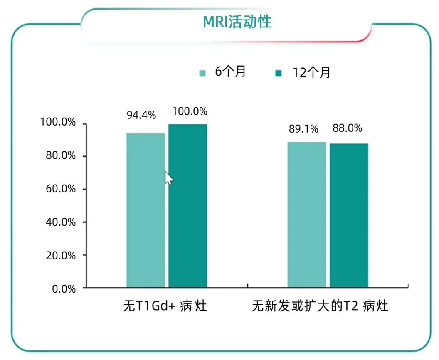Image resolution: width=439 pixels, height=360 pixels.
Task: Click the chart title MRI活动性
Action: [x=237, y=21]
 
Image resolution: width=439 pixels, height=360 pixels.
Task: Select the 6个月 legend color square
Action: [x=202, y=73]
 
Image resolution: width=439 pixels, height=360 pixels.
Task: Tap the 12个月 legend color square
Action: [x=279, y=74]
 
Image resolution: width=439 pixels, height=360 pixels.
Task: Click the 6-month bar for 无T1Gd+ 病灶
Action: [x=146, y=210]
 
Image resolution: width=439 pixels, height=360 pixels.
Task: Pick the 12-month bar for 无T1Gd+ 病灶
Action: [x=187, y=206]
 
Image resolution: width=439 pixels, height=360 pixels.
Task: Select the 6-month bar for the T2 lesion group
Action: [x=307, y=215]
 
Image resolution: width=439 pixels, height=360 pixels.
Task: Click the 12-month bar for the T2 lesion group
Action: [x=349, y=215]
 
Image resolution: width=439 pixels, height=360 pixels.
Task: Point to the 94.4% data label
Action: [x=141, y=115]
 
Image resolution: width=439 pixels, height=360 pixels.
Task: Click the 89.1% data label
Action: [x=303, y=129]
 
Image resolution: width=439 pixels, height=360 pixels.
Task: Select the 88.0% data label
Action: [x=347, y=128]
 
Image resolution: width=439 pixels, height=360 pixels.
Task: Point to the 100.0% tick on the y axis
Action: [x=58, y=123]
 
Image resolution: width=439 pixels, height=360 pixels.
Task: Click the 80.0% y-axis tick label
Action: [x=60, y=156]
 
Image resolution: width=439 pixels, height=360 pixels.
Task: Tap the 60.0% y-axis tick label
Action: [x=60, y=189]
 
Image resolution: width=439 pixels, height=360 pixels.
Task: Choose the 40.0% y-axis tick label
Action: [x=60, y=222]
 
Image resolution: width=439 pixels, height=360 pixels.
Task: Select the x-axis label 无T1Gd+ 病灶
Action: [x=165, y=307]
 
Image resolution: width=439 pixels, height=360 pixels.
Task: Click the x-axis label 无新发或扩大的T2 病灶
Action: [x=320, y=307]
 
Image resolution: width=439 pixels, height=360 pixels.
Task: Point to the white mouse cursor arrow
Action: [x=168, y=178]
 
